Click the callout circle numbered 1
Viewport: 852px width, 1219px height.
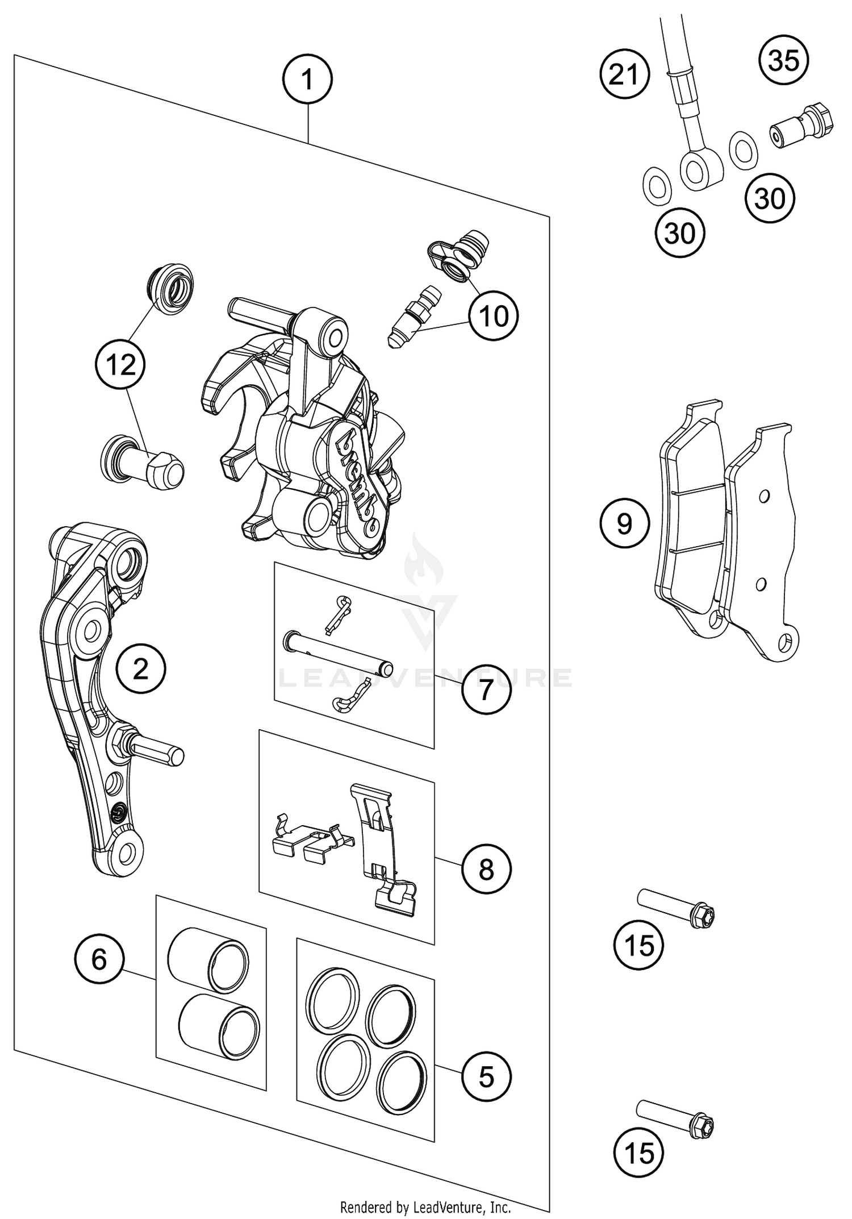pyautogui.click(x=307, y=79)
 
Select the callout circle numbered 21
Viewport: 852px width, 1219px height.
pyautogui.click(x=624, y=74)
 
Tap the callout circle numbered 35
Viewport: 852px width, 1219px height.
pyautogui.click(x=784, y=60)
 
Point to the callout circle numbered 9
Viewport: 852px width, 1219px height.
pyautogui.click(x=624, y=523)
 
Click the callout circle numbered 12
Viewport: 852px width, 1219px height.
pyautogui.click(x=120, y=364)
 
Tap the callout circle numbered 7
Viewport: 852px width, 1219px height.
pyautogui.click(x=486, y=690)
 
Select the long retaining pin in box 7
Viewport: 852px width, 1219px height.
pyautogui.click(x=337, y=654)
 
